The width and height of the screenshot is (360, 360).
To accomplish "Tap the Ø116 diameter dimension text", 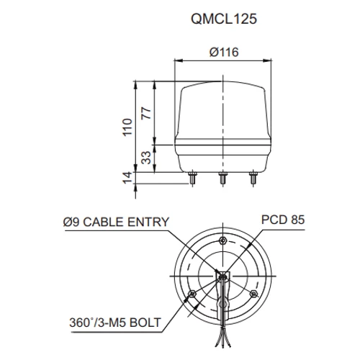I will pos(222,52).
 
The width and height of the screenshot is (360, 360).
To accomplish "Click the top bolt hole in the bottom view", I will pos(222,240).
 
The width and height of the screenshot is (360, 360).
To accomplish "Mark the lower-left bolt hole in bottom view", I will pos(192,293).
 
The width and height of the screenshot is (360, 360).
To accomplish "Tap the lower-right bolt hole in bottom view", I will pos(253,293).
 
